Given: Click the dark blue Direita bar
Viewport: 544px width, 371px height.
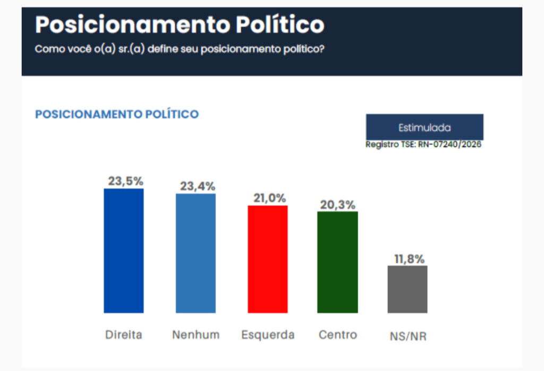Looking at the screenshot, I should pyautogui.click(x=123, y=251).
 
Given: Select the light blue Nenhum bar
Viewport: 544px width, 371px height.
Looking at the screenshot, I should pyautogui.click(x=195, y=253).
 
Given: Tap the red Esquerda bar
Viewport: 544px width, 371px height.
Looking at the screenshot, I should pyautogui.click(x=268, y=259).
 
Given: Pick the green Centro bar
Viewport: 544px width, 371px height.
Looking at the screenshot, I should pyautogui.click(x=337, y=262).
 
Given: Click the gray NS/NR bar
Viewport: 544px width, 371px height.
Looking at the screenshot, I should pyautogui.click(x=407, y=289).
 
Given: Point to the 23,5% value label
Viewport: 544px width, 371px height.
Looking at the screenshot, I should pyautogui.click(x=125, y=181).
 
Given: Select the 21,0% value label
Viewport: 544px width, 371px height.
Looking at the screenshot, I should pyautogui.click(x=268, y=198).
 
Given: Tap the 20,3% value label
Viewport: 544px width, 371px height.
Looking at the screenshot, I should pyautogui.click(x=337, y=205).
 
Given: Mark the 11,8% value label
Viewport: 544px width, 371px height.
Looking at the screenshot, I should pyautogui.click(x=409, y=259).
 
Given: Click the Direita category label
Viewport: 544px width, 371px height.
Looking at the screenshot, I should pyautogui.click(x=123, y=335).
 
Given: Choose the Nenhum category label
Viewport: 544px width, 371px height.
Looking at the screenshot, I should pyautogui.click(x=195, y=335).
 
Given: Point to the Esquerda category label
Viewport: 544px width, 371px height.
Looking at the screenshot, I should pyautogui.click(x=268, y=335).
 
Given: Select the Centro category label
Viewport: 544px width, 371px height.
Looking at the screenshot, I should pyautogui.click(x=338, y=335).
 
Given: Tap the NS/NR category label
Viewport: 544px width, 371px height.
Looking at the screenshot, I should pyautogui.click(x=408, y=336).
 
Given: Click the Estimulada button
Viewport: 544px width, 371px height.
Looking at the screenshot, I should pyautogui.click(x=424, y=128).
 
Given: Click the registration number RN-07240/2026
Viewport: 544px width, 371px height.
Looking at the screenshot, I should pyautogui.click(x=449, y=145).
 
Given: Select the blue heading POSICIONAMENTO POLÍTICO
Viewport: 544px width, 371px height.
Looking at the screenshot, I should pyautogui.click(x=117, y=114).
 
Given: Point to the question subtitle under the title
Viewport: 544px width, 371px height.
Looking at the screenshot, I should pyautogui.click(x=180, y=49).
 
